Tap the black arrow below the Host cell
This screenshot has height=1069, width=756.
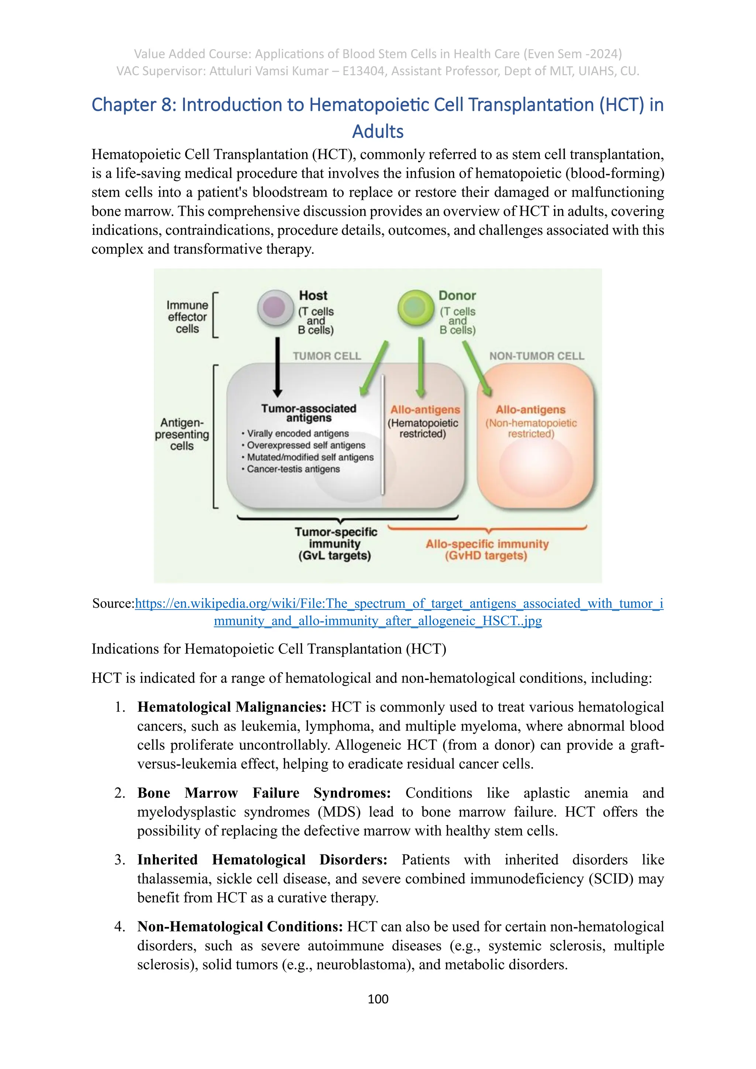(x=278, y=367)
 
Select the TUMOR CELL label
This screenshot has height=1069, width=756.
(x=327, y=356)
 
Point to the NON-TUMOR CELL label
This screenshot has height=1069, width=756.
(x=536, y=356)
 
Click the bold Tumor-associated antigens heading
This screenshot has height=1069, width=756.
(x=309, y=413)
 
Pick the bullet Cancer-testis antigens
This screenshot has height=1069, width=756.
(x=293, y=469)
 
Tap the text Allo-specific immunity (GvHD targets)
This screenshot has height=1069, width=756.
(x=487, y=550)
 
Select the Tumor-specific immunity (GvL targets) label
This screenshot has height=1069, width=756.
(x=335, y=544)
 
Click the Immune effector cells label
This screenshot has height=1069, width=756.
(x=187, y=317)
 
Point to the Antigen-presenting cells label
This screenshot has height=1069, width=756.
(x=182, y=434)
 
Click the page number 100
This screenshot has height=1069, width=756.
(x=378, y=999)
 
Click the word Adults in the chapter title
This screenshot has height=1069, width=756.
(x=378, y=132)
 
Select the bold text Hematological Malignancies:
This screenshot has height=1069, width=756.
(x=232, y=707)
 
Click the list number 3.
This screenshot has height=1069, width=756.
(x=120, y=860)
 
